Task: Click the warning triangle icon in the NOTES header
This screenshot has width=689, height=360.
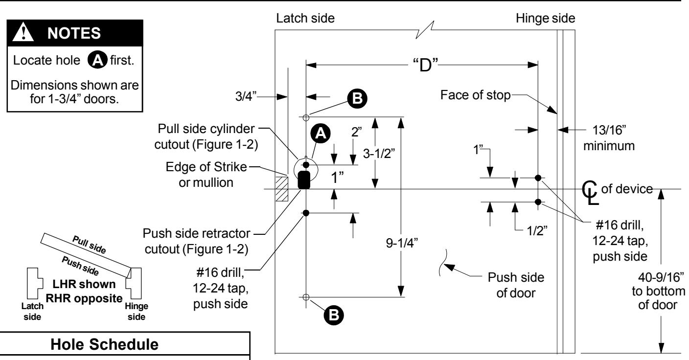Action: pos(23,32)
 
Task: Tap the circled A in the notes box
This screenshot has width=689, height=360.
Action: pos(97,60)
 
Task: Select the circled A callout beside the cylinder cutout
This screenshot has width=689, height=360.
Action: pos(321,134)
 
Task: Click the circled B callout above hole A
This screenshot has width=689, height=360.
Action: pos(357,98)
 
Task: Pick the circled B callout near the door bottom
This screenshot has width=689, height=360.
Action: pos(334,315)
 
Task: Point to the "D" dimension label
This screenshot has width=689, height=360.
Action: pos(425,65)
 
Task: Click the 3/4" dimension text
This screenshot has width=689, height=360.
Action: pos(246,96)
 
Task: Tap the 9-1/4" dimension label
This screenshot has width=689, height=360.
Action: pos(402,243)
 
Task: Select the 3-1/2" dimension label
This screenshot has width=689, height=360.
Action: pos(379,154)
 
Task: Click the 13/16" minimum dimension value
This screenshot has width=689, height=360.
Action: pos(609,130)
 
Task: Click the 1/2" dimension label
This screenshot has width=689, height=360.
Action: pos(537,230)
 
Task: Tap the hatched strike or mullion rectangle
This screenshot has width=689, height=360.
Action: pos(282,189)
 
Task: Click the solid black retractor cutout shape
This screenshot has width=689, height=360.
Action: pos(304,180)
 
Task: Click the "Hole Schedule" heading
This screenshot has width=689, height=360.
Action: pos(104,344)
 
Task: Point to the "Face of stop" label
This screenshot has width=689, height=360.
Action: pos(476,95)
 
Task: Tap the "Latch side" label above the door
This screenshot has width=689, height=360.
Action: pos(305,18)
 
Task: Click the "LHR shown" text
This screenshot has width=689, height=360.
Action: pos(84,284)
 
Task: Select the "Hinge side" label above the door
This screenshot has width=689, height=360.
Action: pos(545,19)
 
